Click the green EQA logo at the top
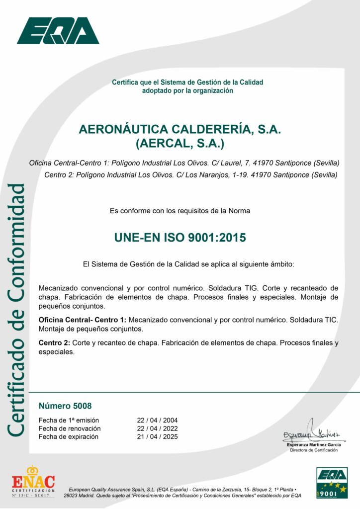pyautogui.click(x=58, y=31)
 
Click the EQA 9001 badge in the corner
pyautogui.click(x=332, y=482)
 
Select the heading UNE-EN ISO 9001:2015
pyautogui.click(x=180, y=238)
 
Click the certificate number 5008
pyautogui.click(x=65, y=406)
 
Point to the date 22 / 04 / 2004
pyautogui.click(x=157, y=420)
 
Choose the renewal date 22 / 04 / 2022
pyautogui.click(x=157, y=428)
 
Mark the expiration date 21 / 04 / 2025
pyautogui.click(x=157, y=437)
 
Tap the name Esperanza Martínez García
pyautogui.click(x=314, y=444)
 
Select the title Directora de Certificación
pyautogui.click(x=314, y=450)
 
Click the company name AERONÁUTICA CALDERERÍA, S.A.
pyautogui.click(x=180, y=129)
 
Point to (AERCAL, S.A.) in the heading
pyautogui.click(x=180, y=144)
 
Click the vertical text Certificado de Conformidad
pyautogui.click(x=16, y=311)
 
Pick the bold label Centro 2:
pyautogui.click(x=54, y=343)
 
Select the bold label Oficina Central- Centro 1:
pyautogui.click(x=83, y=320)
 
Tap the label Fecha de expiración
pyautogui.click(x=68, y=437)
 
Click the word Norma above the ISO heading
pyautogui.click(x=240, y=211)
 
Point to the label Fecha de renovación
pyautogui.click(x=70, y=428)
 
